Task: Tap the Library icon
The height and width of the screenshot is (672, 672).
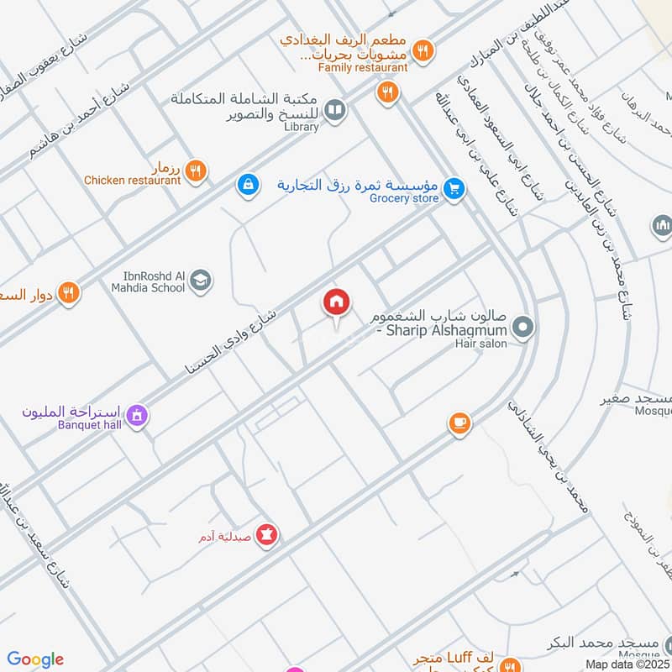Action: click(335, 110)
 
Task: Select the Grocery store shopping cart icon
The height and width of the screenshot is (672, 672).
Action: click(454, 189)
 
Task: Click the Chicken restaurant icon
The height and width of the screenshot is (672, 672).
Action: click(196, 171)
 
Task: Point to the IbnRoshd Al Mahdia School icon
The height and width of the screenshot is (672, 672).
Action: click(200, 281)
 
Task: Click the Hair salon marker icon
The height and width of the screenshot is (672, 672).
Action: click(522, 328)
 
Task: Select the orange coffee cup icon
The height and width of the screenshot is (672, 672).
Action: click(459, 423)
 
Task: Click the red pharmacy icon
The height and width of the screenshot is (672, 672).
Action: click(267, 534)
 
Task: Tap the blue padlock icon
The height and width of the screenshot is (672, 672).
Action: click(248, 182)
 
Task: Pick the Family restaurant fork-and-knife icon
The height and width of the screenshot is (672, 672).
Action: click(424, 50)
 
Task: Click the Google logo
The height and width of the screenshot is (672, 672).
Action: click(35, 659)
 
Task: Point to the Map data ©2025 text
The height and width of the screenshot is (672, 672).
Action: click(628, 664)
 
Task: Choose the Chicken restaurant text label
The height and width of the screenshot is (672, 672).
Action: click(132, 180)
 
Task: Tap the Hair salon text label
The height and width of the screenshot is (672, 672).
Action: click(481, 344)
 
